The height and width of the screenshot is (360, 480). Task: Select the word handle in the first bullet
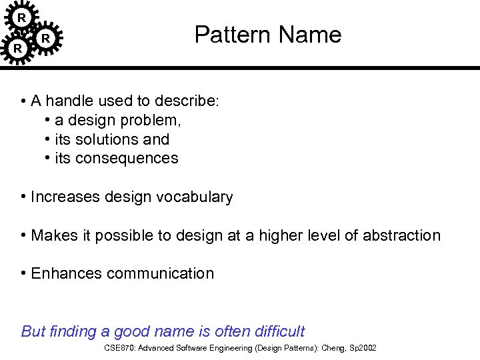[x=69, y=101]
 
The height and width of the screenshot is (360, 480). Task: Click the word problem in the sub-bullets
[x=156, y=121]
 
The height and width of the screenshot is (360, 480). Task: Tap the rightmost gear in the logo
[x=45, y=39]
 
